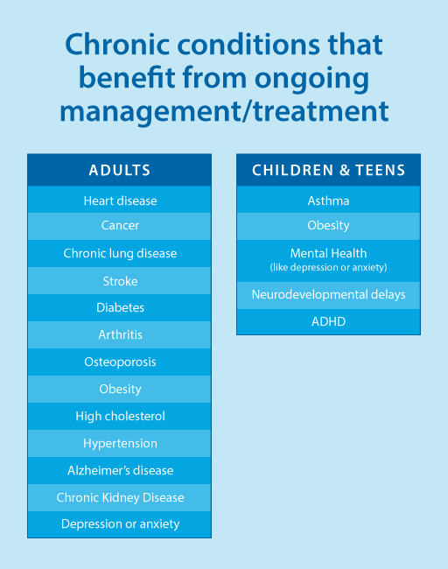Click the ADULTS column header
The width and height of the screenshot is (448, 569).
pos(120,170)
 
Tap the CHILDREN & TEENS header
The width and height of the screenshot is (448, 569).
pos(329,170)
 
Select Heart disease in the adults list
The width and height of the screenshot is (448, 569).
pos(120,200)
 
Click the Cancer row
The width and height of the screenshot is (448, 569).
pos(120,225)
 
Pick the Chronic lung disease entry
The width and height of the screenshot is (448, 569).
pos(120,253)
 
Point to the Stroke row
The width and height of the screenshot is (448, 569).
pos(120,281)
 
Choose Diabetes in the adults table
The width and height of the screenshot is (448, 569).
pos(120,308)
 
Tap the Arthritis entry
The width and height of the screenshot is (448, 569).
pos(120,334)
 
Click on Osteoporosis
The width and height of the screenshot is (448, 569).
pos(120,362)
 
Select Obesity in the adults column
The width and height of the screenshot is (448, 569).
pos(120,389)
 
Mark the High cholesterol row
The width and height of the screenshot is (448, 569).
pos(120,416)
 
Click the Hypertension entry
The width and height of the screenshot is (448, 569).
pos(120,444)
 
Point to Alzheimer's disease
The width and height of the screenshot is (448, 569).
pos(120,470)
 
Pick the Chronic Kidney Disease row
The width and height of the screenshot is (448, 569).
pos(120,497)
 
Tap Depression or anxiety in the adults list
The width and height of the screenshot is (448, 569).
pos(120,524)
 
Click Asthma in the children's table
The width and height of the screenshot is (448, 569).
pos(329,200)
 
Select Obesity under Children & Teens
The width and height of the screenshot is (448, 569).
pos(329,225)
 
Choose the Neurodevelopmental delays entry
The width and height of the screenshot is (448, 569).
pos(329,294)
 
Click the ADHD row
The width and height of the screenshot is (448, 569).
pos(329,321)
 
